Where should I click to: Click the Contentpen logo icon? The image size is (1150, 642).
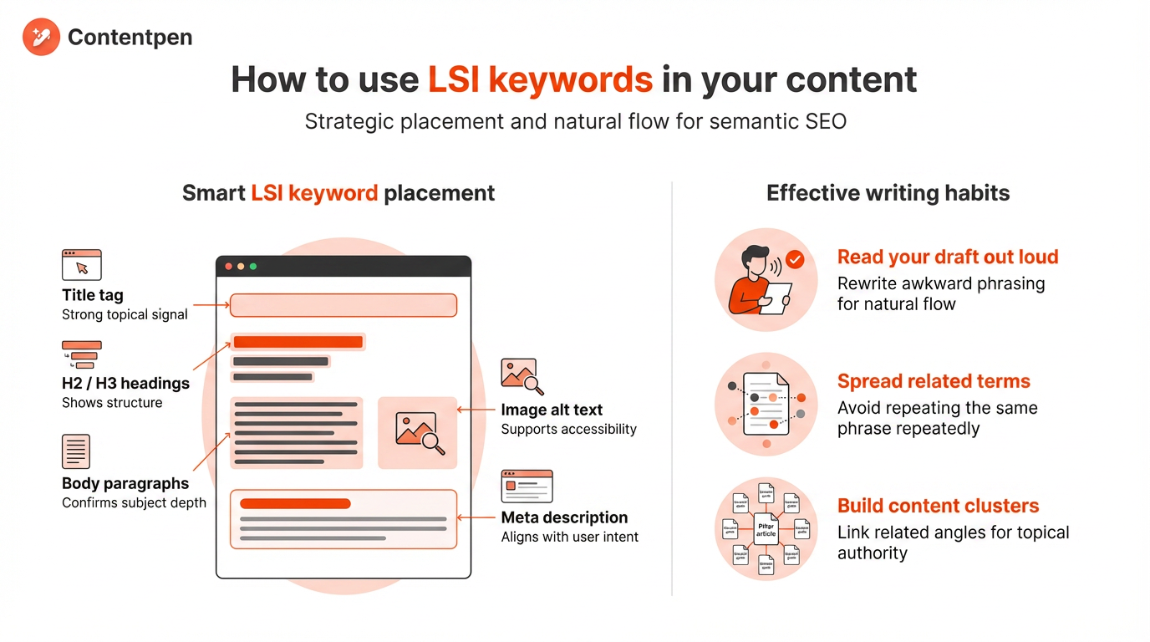tap(41, 38)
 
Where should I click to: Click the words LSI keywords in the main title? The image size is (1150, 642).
tap(540, 79)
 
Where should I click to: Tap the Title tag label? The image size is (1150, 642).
tap(93, 295)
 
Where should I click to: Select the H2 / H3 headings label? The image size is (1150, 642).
tap(125, 384)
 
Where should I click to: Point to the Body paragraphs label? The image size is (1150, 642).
tap(125, 483)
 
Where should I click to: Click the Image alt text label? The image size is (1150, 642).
tap(552, 410)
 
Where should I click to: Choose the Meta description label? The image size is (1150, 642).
tap(564, 517)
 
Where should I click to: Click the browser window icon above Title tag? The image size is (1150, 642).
tap(82, 264)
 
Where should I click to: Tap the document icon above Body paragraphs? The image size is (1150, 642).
tap(76, 451)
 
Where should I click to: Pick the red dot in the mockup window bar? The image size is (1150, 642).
tap(229, 267)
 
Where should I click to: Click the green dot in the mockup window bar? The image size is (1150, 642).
tap(253, 267)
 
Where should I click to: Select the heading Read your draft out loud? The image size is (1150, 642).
tap(948, 257)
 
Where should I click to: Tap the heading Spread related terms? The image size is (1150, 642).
tap(934, 381)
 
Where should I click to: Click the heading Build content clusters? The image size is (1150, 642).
tap(938, 506)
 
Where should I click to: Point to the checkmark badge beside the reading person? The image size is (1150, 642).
tap(795, 259)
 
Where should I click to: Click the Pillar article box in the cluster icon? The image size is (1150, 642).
tap(766, 529)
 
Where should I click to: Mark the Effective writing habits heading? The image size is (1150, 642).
tap(888, 193)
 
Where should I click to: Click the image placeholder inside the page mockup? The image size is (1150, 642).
tap(418, 432)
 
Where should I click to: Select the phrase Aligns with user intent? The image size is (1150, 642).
tap(569, 537)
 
